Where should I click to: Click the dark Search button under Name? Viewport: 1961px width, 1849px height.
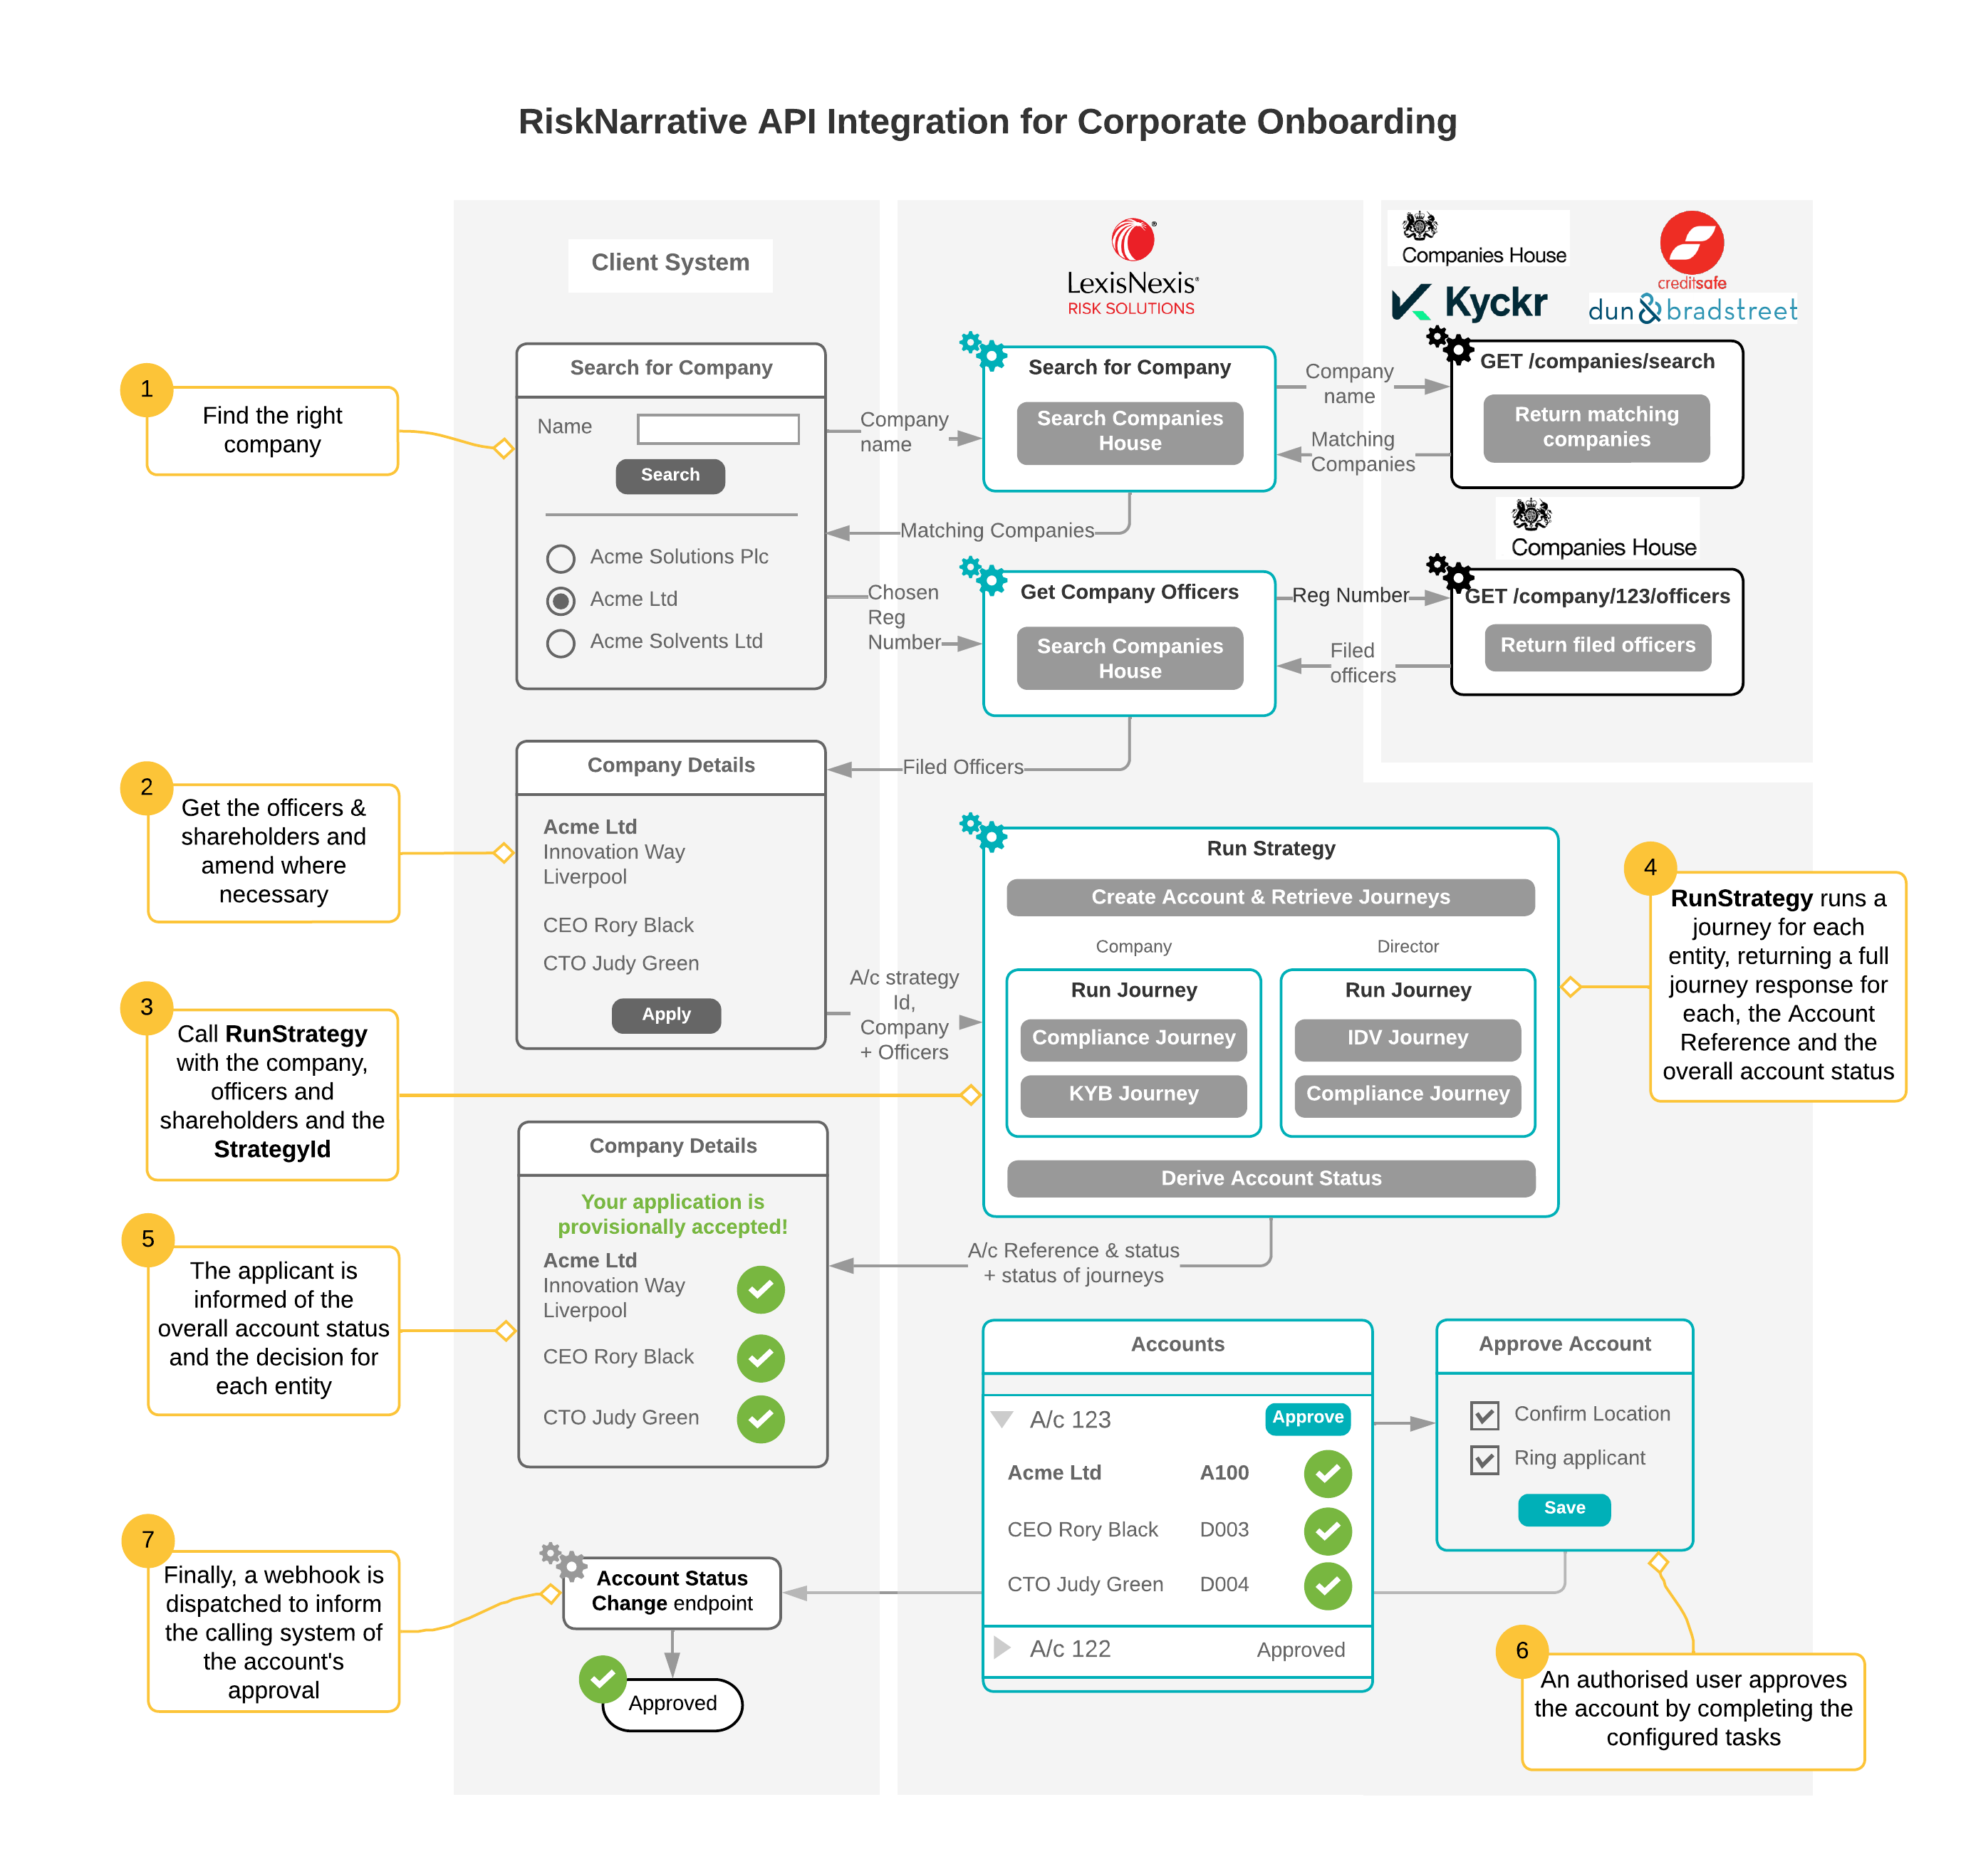coord(670,476)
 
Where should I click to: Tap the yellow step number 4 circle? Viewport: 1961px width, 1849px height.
coord(1649,868)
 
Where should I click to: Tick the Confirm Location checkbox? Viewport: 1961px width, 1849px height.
coord(1484,1415)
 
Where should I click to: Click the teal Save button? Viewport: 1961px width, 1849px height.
coord(1564,1508)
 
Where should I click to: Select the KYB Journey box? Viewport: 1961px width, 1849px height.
coord(1133,1094)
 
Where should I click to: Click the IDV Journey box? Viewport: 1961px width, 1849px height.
coord(1407,1037)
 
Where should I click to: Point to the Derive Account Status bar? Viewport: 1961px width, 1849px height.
coord(1271,1178)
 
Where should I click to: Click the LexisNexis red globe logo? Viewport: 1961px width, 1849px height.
coord(1133,240)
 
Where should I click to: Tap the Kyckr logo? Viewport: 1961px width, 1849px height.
coord(1469,303)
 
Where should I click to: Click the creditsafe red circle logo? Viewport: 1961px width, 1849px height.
coord(1691,243)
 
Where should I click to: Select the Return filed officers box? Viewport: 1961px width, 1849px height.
coord(1597,646)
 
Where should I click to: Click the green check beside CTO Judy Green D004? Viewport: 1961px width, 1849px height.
coord(1328,1585)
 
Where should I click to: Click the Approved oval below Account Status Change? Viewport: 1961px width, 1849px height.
coord(672,1703)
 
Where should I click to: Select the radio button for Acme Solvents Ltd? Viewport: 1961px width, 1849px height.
coord(561,643)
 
